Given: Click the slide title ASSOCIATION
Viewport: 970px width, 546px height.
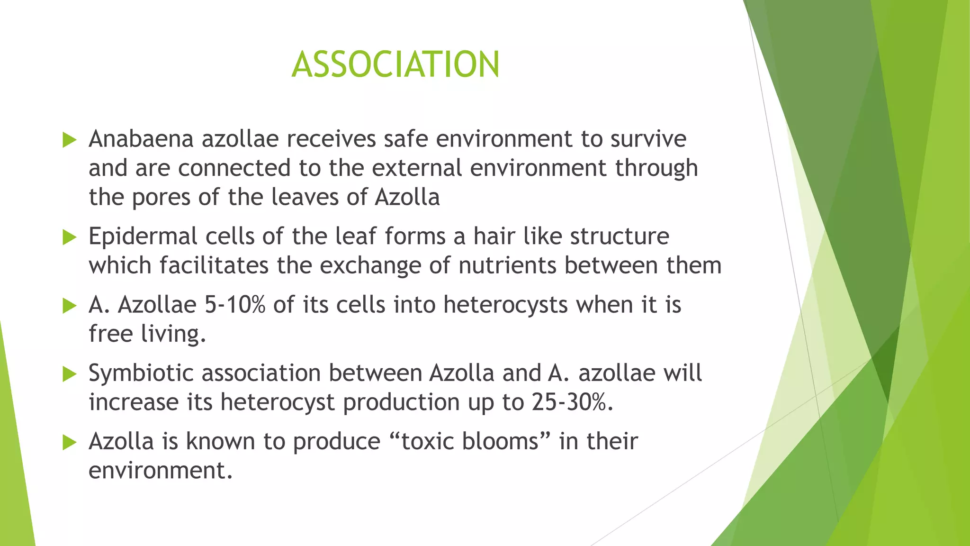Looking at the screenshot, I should tap(395, 64).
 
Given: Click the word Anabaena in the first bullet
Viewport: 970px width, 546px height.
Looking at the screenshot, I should tap(141, 139).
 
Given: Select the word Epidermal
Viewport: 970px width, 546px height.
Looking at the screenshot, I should tap(143, 237).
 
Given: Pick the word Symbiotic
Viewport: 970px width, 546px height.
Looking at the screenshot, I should tap(141, 373).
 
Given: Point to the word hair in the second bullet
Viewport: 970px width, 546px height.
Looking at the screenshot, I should tap(494, 237).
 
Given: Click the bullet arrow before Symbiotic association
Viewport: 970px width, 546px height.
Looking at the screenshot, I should tap(69, 374).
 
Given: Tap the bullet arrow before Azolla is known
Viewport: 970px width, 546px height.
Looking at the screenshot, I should tap(69, 443).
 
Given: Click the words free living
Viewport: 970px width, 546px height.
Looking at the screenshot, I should tap(147, 334).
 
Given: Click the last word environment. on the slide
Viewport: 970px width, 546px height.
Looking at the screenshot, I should tap(161, 471).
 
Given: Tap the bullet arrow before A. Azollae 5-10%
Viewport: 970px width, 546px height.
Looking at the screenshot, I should tap(69, 306).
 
